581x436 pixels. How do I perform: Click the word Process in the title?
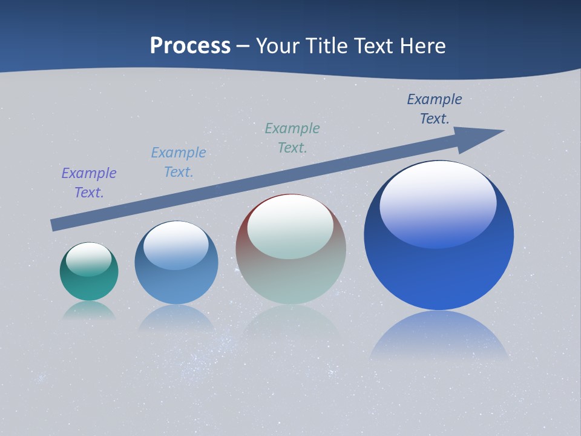[190, 46]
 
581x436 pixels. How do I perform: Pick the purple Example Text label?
[89, 183]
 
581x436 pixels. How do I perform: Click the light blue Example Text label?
[179, 162]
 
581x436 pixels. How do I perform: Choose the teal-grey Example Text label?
[292, 138]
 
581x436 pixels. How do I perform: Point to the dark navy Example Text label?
[435, 109]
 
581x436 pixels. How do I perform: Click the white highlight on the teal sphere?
[89, 258]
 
